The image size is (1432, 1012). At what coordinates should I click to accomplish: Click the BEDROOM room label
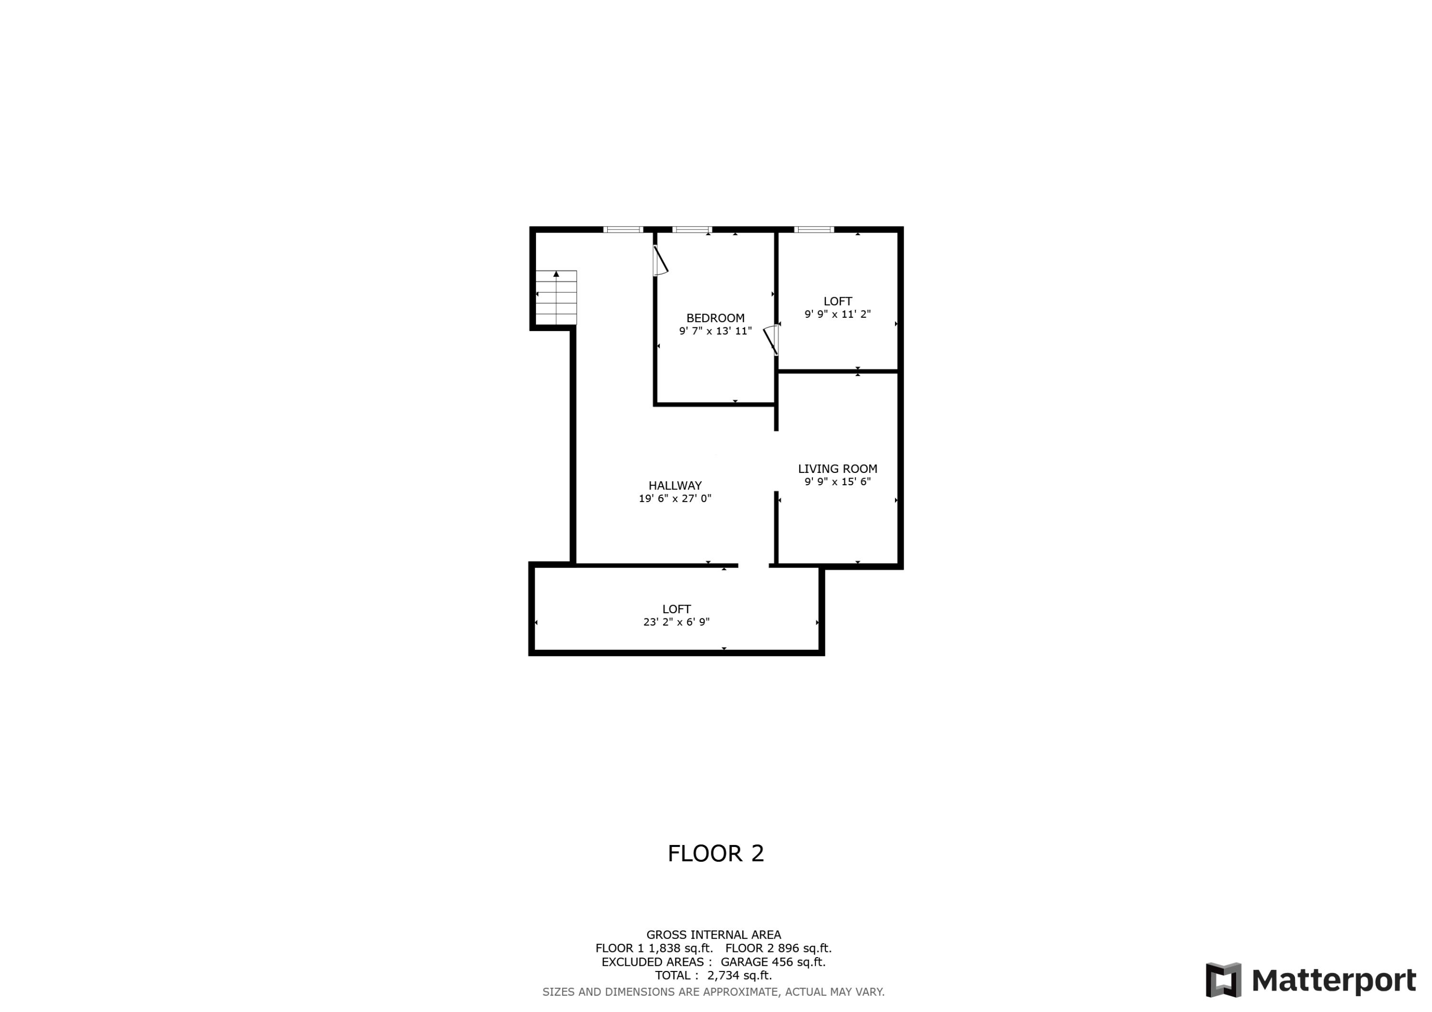[716, 318]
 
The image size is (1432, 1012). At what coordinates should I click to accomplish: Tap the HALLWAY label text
[675, 485]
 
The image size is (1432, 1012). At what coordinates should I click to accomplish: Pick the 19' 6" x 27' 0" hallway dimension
[675, 498]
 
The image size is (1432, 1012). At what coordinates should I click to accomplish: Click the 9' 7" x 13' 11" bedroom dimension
[716, 331]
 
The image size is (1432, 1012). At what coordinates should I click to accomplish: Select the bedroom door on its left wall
[660, 261]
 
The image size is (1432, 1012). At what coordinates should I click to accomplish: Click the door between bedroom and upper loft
[771, 339]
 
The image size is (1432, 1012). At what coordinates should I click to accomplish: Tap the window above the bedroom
[692, 230]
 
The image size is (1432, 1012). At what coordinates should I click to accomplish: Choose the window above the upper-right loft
[813, 230]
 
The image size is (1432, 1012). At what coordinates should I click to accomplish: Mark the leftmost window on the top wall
[623, 230]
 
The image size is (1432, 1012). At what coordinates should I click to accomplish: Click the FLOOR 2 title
[716, 854]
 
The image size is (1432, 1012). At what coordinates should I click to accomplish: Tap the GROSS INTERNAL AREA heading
[714, 935]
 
